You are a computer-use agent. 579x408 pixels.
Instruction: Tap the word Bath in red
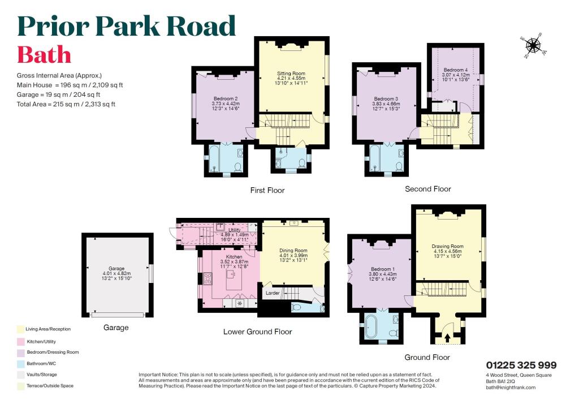tap(44, 55)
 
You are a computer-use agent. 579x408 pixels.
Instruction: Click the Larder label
tap(273, 293)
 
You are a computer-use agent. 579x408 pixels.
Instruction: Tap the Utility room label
tap(234, 230)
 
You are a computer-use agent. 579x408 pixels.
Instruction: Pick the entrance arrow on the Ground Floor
tap(448, 338)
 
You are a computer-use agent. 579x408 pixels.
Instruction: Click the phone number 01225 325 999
tap(521, 365)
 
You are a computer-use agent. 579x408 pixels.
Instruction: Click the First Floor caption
tap(267, 191)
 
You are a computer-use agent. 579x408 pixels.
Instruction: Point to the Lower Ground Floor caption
tap(257, 332)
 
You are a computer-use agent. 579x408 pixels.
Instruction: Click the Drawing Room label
tap(447, 246)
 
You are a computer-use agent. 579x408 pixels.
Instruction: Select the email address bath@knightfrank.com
tap(511, 387)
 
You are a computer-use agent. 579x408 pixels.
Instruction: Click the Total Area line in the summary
tap(66, 104)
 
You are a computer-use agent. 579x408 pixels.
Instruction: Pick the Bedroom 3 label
tap(386, 98)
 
